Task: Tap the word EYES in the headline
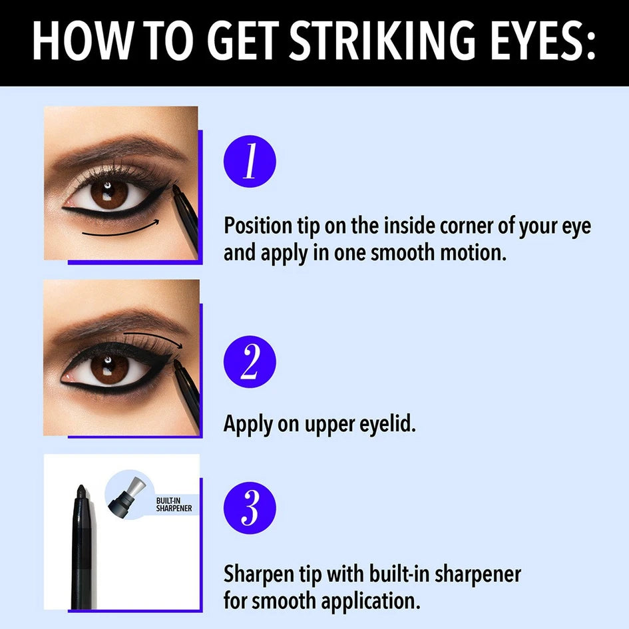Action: tap(542, 41)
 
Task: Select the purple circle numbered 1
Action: tap(250, 161)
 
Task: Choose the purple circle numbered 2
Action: tap(250, 361)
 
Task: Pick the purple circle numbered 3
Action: tap(250, 508)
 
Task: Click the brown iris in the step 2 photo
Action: tap(110, 369)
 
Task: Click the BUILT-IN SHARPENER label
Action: tap(174, 505)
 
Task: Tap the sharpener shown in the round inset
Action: tap(126, 494)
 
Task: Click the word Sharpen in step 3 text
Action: tap(258, 574)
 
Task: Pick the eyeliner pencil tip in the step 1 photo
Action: tap(175, 188)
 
